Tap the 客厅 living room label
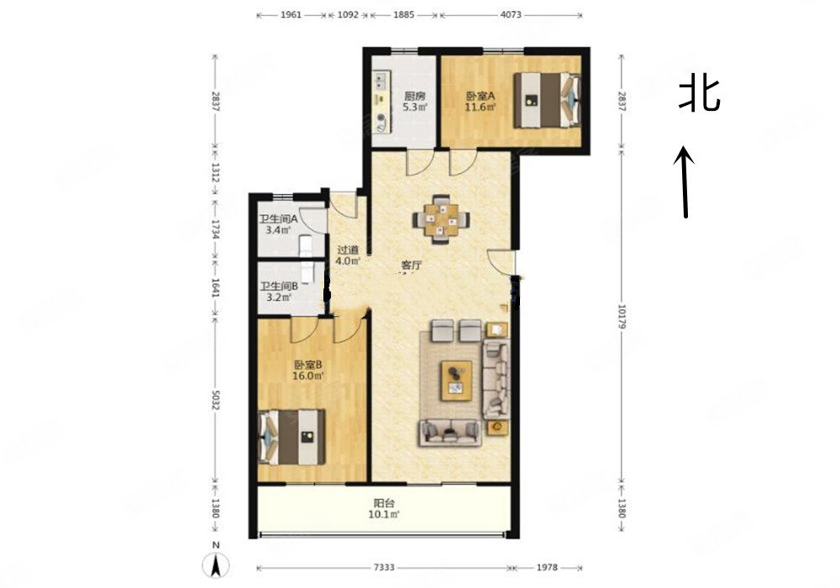click(x=411, y=265)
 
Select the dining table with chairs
click(x=441, y=220)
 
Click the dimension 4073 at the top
click(x=511, y=15)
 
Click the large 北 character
click(x=699, y=93)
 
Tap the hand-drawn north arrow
click(x=686, y=181)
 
